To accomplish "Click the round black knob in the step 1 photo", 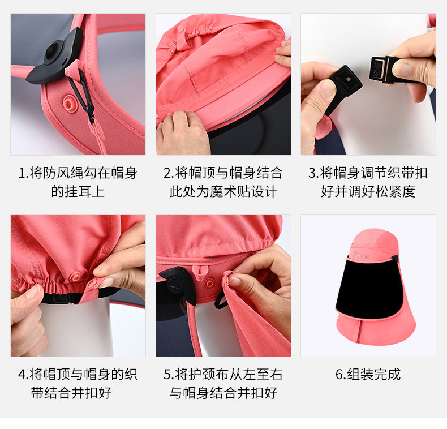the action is tap(54, 53).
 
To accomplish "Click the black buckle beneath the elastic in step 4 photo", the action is tap(61, 298).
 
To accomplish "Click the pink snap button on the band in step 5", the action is tap(209, 283).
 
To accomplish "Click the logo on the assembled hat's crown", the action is tap(362, 256).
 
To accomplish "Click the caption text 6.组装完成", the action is tap(368, 374).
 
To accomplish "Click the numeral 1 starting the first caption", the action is tap(22, 173).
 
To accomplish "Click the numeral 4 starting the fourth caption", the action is tap(22, 375).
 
